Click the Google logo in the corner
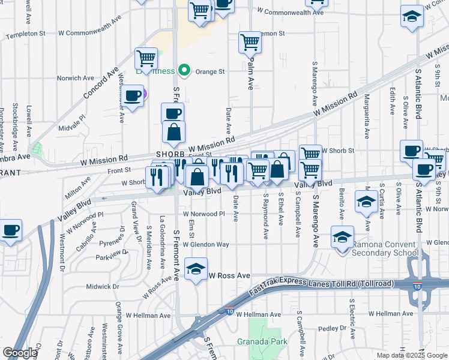pyautogui.click(x=20, y=353)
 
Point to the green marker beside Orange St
pyautogui.click(x=185, y=71)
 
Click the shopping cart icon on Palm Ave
pyautogui.click(x=250, y=43)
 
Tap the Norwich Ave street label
pyautogui.click(x=76, y=78)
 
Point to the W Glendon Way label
pyautogui.click(x=206, y=244)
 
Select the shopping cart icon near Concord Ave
pyautogui.click(x=146, y=59)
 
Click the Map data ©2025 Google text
pyautogui.click(x=412, y=355)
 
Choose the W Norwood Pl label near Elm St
pyautogui.click(x=203, y=214)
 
